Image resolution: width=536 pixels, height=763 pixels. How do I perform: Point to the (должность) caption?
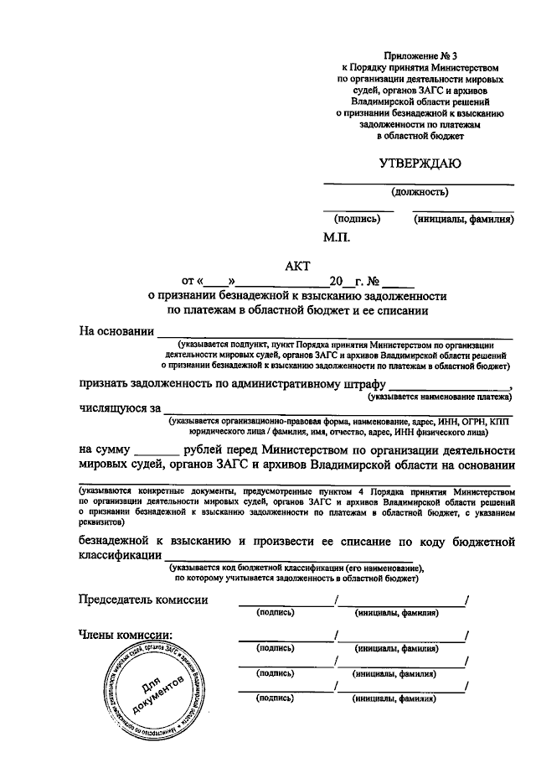(419, 191)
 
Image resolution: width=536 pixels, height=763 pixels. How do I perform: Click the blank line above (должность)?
(419, 183)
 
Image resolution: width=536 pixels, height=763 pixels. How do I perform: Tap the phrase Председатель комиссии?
(143, 599)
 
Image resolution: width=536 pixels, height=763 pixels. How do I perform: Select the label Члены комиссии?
(125, 635)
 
